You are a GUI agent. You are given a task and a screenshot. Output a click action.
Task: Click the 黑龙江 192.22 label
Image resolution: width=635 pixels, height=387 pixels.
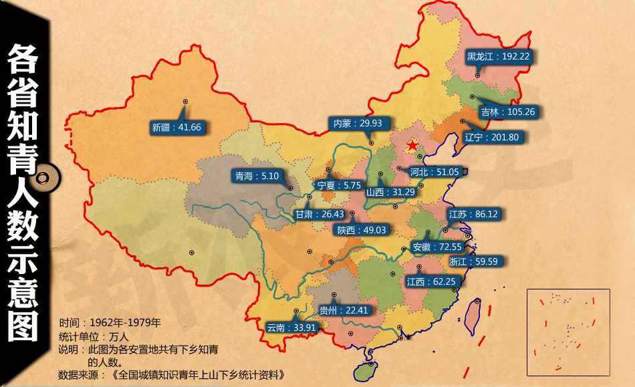[x=498, y=57]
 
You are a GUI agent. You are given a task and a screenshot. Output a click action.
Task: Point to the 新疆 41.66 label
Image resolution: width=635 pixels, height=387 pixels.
[x=176, y=127]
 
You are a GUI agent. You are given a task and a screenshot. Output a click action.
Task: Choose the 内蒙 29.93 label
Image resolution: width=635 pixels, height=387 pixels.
[x=358, y=123]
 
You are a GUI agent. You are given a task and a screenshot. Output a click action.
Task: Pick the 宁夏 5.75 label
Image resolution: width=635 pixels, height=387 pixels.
[x=339, y=185]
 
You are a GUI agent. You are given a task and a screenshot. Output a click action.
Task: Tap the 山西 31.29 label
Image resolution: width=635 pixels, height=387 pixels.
[x=390, y=192]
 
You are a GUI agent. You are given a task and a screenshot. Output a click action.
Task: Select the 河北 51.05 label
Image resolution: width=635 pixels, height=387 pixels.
[x=434, y=172]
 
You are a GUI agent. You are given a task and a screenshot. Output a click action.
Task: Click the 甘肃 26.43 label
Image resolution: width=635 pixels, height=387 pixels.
[x=320, y=215]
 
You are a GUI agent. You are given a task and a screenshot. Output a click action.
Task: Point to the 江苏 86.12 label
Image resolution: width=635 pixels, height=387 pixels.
[x=473, y=215]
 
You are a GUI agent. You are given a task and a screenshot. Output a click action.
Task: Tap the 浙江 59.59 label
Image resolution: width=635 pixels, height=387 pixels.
[x=473, y=261]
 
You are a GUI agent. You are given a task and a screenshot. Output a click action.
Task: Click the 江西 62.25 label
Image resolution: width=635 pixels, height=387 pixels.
[x=430, y=281]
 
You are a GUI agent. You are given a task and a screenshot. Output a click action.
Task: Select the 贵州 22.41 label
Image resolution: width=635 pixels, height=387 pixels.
[x=344, y=310]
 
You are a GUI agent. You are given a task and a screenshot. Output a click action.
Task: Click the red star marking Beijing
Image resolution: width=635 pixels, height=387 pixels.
[x=413, y=145]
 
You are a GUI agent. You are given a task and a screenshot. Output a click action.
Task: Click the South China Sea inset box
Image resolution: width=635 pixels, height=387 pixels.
[x=568, y=332]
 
